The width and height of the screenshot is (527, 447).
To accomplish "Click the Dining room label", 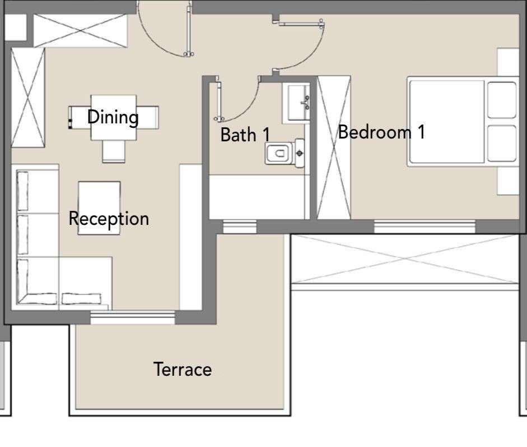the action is pos(113,117).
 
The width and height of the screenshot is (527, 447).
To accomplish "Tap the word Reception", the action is pos(109,219).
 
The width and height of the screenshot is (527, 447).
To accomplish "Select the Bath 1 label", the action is pos(245,135).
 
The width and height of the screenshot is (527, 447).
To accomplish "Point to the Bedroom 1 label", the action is pos(381,132).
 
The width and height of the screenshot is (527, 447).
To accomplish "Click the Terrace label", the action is pos(183,369).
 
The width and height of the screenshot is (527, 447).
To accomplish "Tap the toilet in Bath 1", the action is pos(285,154).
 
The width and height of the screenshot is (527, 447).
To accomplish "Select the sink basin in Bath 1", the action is pos(296,103).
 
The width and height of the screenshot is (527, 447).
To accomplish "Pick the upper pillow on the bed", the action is pos(502,100).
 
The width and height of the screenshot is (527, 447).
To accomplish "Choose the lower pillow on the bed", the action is pos(502,143).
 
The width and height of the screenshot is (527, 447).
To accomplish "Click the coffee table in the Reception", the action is pos(99,208).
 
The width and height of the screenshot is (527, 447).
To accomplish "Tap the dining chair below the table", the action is pos(114,151).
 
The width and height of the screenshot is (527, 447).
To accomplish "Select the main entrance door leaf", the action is pos(189,30).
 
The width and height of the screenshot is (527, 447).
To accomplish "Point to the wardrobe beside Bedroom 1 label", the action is pos(334,148).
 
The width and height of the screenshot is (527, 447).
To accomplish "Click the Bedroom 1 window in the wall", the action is pos(425,227).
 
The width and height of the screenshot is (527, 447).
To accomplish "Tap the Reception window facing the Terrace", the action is pos(133,318).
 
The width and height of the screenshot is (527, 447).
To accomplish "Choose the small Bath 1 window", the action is pos(240,227).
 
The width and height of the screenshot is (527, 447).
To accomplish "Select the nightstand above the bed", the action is pos(508,62).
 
